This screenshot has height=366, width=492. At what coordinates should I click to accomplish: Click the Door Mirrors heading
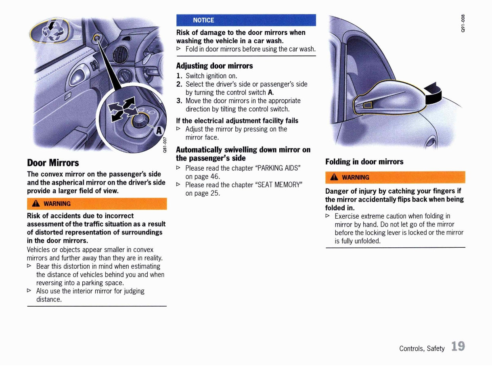[53, 163]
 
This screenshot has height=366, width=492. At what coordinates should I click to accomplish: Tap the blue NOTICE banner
[246, 20]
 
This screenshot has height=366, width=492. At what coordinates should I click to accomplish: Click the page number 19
[458, 347]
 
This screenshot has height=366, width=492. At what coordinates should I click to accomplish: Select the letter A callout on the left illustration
[159, 130]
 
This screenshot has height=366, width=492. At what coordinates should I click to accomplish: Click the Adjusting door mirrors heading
[214, 66]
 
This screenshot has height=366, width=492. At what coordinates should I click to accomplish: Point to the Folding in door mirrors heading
[364, 162]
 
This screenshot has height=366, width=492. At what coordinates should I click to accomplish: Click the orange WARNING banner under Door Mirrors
[97, 203]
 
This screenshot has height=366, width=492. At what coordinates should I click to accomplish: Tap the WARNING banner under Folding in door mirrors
[395, 177]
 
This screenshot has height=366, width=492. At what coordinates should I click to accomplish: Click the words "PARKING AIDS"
[279, 168]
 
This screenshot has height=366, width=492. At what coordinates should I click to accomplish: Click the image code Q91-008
[464, 23]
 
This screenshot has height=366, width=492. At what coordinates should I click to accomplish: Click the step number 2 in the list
[180, 84]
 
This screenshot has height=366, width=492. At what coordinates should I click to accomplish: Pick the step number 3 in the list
[180, 101]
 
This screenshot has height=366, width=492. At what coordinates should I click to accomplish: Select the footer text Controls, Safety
[422, 348]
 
